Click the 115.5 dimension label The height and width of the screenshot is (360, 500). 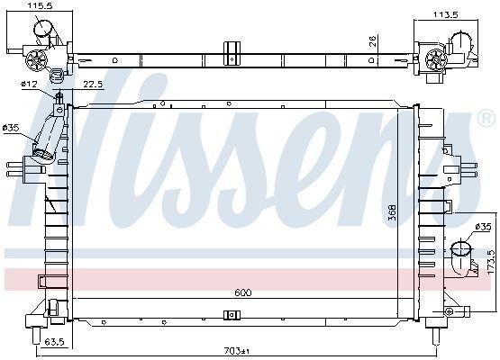pyautogui.click(x=40, y=5)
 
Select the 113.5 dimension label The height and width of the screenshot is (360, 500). pyautogui.click(x=445, y=14)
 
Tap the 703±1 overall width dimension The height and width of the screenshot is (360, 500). pyautogui.click(x=237, y=351)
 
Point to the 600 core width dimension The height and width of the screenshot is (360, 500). pyautogui.click(x=242, y=292)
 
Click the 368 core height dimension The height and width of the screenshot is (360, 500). pyautogui.click(x=392, y=212)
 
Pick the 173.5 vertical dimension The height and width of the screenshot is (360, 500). pyautogui.click(x=493, y=262)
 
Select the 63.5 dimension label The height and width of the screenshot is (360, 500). pyautogui.click(x=54, y=342)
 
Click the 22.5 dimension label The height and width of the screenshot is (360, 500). pyautogui.click(x=93, y=84)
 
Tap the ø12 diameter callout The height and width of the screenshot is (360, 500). pyautogui.click(x=29, y=84)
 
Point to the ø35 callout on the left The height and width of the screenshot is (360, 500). pyautogui.click(x=11, y=128)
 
